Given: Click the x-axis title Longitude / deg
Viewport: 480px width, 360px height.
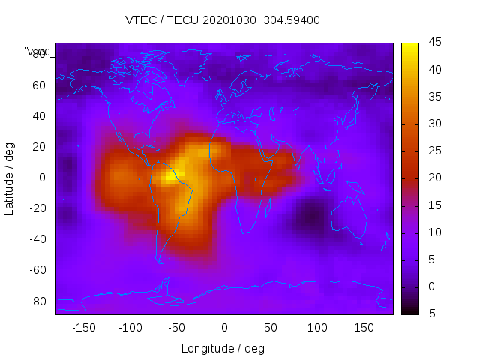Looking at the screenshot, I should (x=223, y=349).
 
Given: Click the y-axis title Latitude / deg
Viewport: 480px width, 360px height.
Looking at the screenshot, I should (x=10, y=178).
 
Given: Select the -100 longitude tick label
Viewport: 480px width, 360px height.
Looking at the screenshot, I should (x=130, y=328).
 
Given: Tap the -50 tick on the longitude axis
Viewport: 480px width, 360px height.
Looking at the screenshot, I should (x=177, y=328).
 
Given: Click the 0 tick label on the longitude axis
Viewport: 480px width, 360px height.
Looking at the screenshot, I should (x=224, y=328).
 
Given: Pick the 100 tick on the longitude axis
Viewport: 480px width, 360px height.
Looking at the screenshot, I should (x=317, y=328).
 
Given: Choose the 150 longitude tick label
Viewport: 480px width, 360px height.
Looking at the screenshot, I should (x=364, y=328).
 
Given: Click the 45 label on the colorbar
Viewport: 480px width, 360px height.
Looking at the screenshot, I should (x=434, y=43).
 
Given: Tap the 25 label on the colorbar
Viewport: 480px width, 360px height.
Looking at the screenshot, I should (x=434, y=151).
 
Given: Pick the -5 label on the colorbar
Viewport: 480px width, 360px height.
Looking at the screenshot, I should (x=432, y=313).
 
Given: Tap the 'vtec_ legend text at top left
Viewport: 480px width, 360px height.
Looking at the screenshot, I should (x=38, y=52).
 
